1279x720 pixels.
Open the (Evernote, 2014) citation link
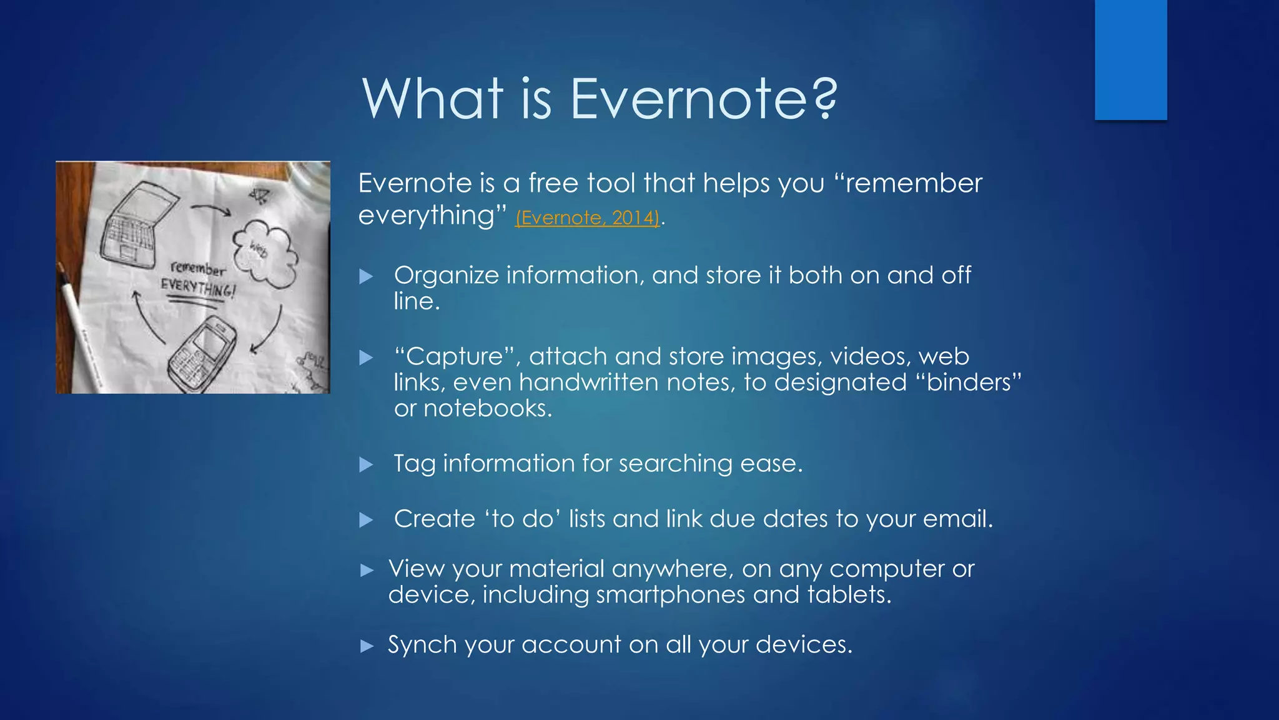tap(587, 217)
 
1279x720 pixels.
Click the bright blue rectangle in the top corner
tap(1130, 59)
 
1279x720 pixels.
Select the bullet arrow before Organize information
tap(367, 276)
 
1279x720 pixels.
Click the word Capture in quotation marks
tap(455, 356)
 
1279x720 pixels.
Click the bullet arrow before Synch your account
tap(367, 646)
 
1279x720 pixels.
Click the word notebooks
tap(487, 408)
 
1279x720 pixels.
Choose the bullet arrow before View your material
tap(367, 570)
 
